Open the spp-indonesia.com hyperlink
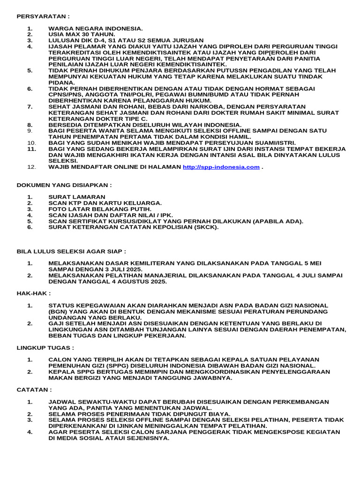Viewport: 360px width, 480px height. pos(221,167)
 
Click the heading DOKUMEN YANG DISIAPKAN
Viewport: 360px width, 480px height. pos(64,186)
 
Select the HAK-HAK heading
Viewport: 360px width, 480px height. pos(33,293)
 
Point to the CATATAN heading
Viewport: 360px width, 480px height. pos(34,390)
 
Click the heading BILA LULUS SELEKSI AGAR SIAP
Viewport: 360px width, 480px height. pos(71,251)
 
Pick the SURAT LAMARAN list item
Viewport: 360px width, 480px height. pos(77,196)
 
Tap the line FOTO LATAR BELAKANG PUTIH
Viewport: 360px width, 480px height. pos(100,209)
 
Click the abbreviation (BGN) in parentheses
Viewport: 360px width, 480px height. pos(59,311)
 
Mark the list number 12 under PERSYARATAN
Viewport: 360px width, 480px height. pos(31,167)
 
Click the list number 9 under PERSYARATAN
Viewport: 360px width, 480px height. pos(30,130)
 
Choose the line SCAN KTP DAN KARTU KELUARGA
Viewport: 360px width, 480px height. pos(105,202)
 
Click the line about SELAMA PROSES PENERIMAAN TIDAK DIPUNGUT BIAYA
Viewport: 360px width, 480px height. pos(139,414)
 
